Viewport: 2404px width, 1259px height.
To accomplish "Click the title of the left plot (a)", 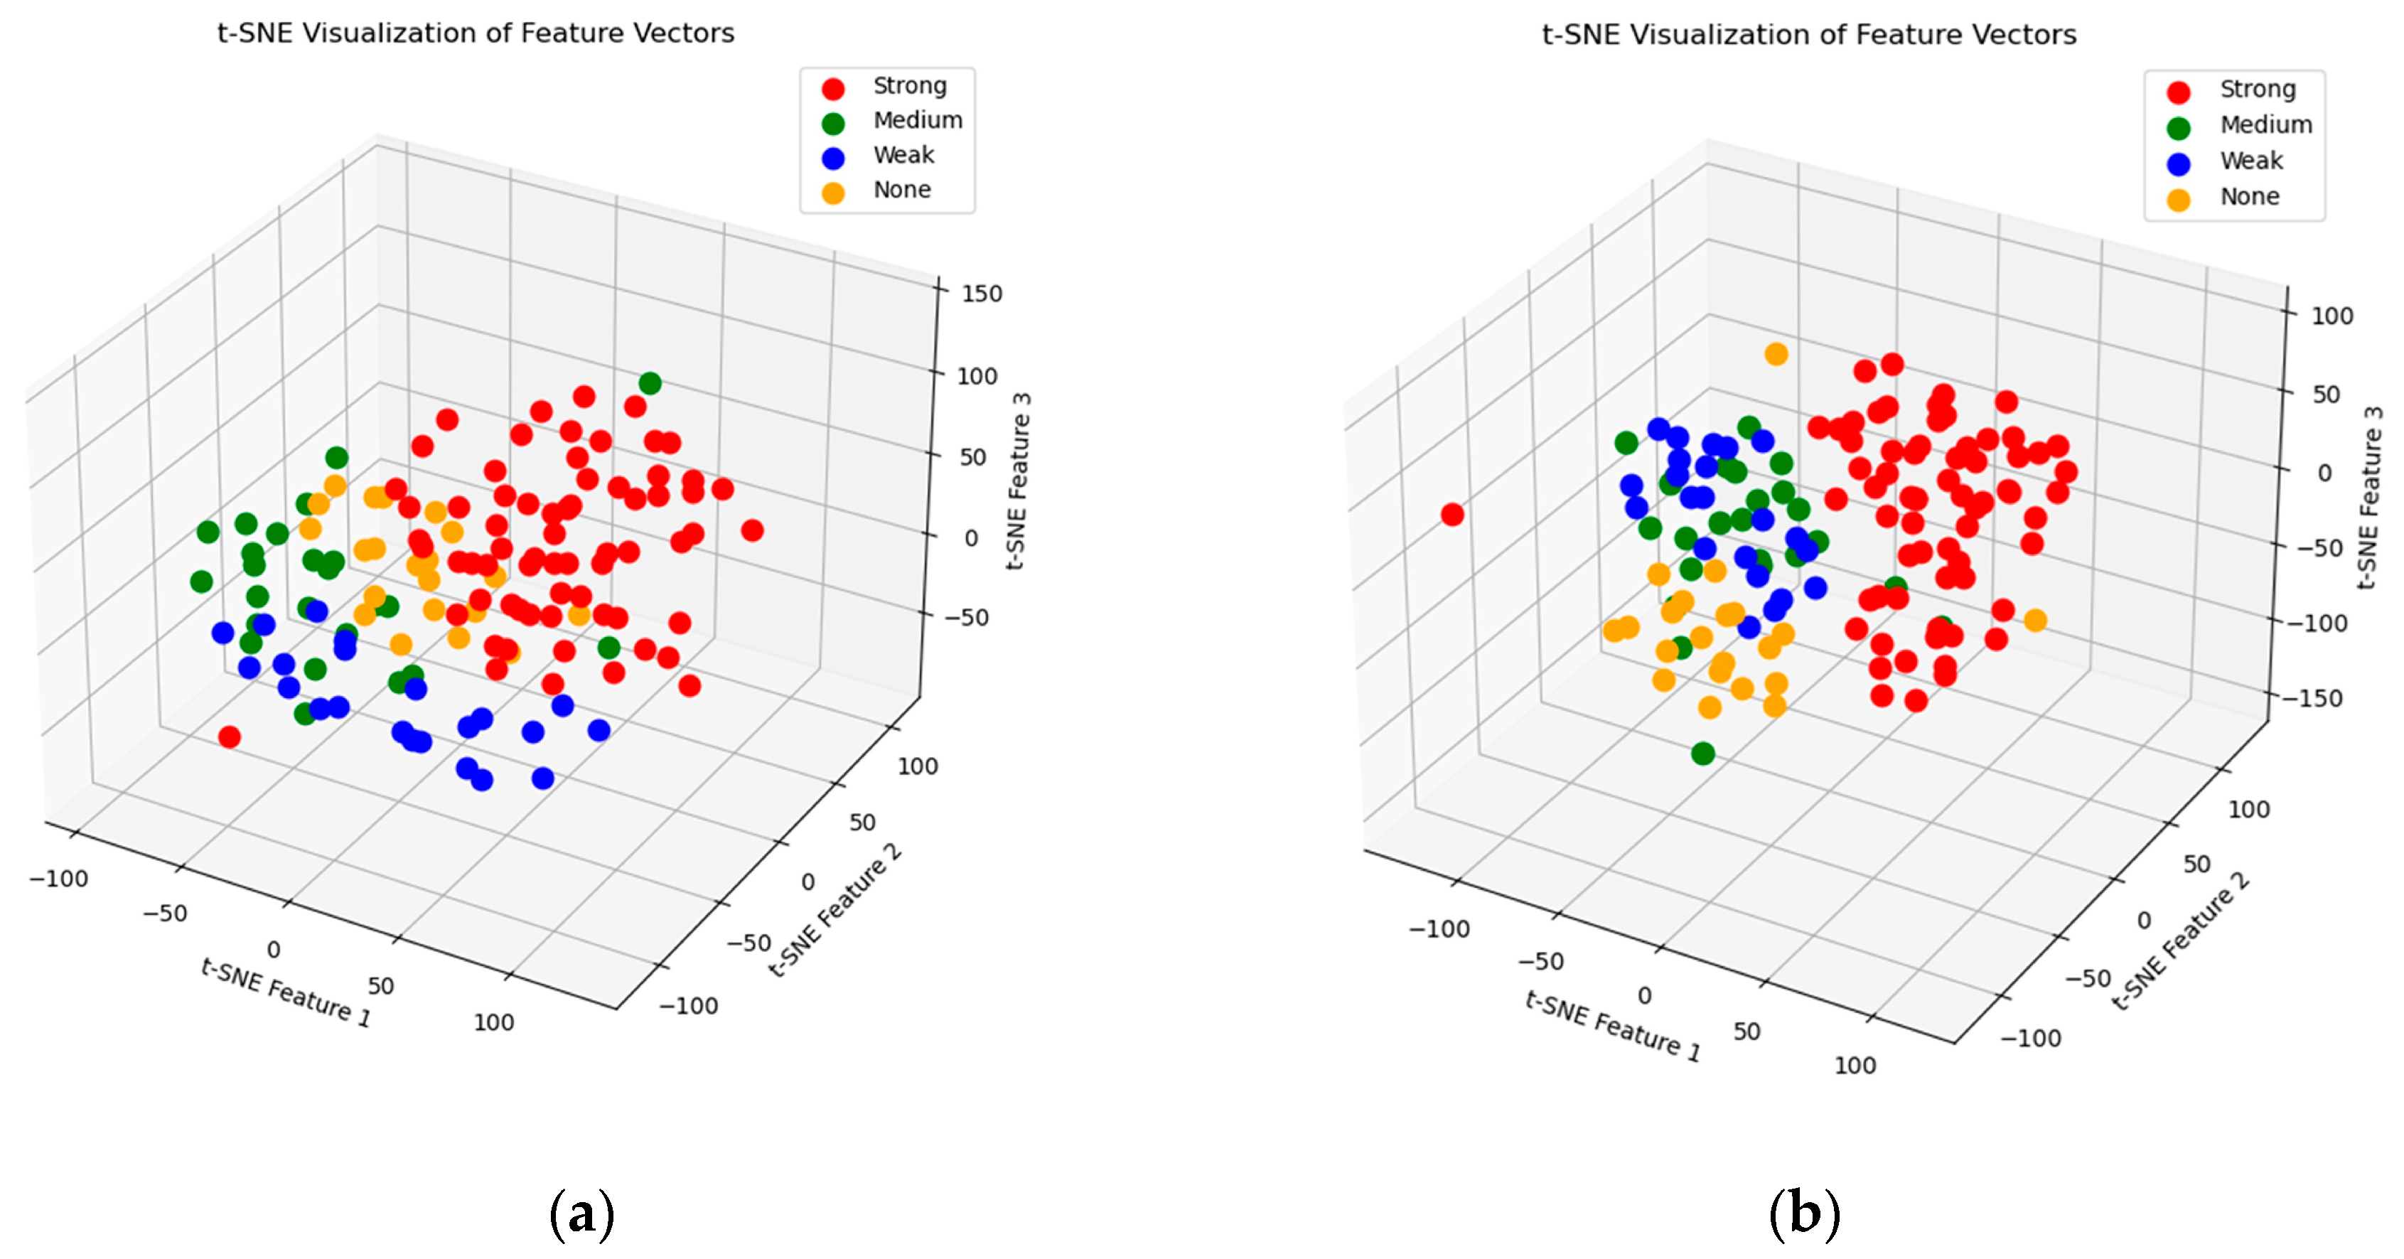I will tap(476, 33).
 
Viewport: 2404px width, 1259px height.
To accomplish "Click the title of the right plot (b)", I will tap(1808, 35).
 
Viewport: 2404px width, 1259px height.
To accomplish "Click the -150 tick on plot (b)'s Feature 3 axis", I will tap(2312, 698).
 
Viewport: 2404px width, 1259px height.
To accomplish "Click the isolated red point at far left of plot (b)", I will tap(1452, 514).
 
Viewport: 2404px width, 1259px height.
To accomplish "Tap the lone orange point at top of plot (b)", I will tap(1776, 354).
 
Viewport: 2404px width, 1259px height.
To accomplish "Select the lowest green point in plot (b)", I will tap(1703, 753).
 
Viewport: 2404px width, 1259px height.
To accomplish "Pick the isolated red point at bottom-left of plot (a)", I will tap(230, 737).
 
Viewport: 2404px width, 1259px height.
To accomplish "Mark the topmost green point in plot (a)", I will tap(650, 382).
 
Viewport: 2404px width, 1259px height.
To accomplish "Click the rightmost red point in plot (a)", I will tap(752, 530).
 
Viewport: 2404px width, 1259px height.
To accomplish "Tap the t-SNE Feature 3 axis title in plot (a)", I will tap(1019, 481).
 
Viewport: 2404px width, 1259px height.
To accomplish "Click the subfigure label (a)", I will tap(581, 1214).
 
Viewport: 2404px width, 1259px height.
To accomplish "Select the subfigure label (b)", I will tap(1804, 1214).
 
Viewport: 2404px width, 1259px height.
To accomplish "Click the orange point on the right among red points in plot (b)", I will tap(2035, 620).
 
